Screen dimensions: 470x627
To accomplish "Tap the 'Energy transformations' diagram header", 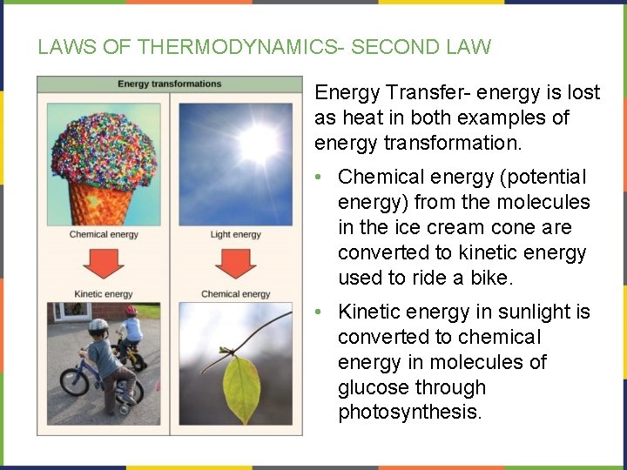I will click(170, 84).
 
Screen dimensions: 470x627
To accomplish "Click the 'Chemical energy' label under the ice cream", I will click(104, 235).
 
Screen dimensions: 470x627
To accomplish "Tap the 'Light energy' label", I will click(235, 235).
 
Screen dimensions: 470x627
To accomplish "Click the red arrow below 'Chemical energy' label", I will click(104, 264).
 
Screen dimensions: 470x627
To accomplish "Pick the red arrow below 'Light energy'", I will click(235, 264).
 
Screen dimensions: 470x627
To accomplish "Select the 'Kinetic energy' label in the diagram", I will click(104, 294).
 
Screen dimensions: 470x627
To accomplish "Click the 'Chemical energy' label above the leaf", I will click(235, 294).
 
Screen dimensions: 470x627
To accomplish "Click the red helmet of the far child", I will click(131, 311).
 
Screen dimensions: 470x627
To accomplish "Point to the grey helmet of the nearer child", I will click(98, 326).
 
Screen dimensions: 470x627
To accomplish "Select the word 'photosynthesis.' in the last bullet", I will click(409, 413).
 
